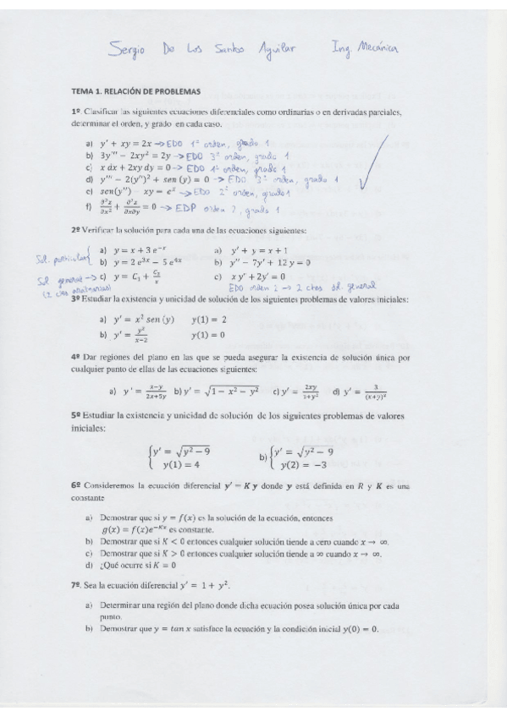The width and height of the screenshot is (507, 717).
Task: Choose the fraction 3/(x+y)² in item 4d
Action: pos(369,391)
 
